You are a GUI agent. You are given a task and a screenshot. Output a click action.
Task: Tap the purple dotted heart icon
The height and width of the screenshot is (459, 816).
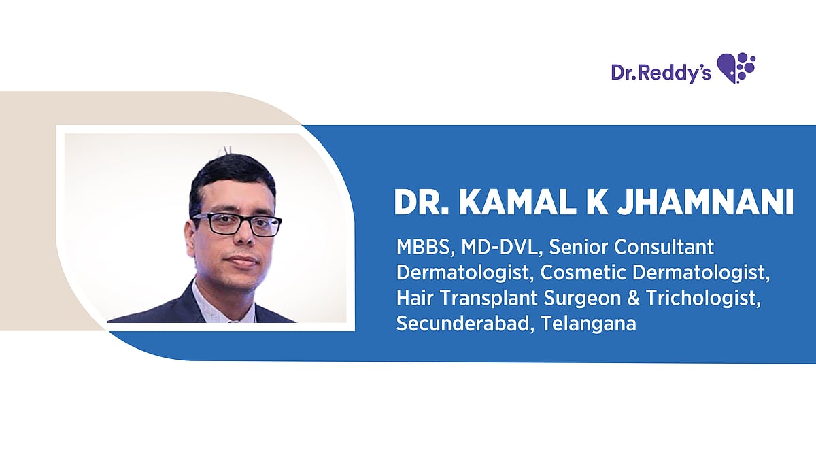point(736,67)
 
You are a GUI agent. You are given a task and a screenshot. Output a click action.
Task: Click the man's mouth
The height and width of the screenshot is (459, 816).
point(241,260)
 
